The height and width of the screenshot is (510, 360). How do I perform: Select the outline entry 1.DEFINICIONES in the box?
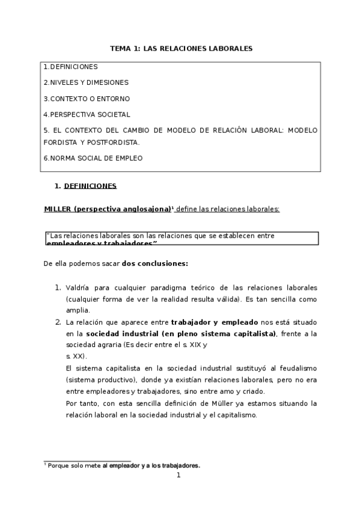pyautogui.click(x=70, y=67)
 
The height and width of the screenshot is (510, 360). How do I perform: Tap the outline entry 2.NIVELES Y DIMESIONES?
pyautogui.click(x=85, y=82)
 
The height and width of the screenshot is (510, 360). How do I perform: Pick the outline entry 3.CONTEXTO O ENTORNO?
pyautogui.click(x=86, y=98)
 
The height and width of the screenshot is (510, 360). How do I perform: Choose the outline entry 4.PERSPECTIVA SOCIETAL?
pyautogui.click(x=87, y=114)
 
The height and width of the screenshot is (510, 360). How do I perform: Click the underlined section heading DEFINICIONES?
pyautogui.click(x=90, y=186)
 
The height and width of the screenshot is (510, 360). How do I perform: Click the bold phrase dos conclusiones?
pyautogui.click(x=155, y=263)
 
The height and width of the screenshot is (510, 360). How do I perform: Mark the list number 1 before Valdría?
pyautogui.click(x=58, y=289)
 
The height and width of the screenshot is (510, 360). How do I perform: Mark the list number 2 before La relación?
pyautogui.click(x=58, y=322)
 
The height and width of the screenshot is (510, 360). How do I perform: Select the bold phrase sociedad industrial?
pyautogui.click(x=123, y=334)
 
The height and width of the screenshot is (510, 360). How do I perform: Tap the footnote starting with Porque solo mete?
pyautogui.click(x=124, y=465)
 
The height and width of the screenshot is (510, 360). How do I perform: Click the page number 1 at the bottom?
pyautogui.click(x=178, y=475)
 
